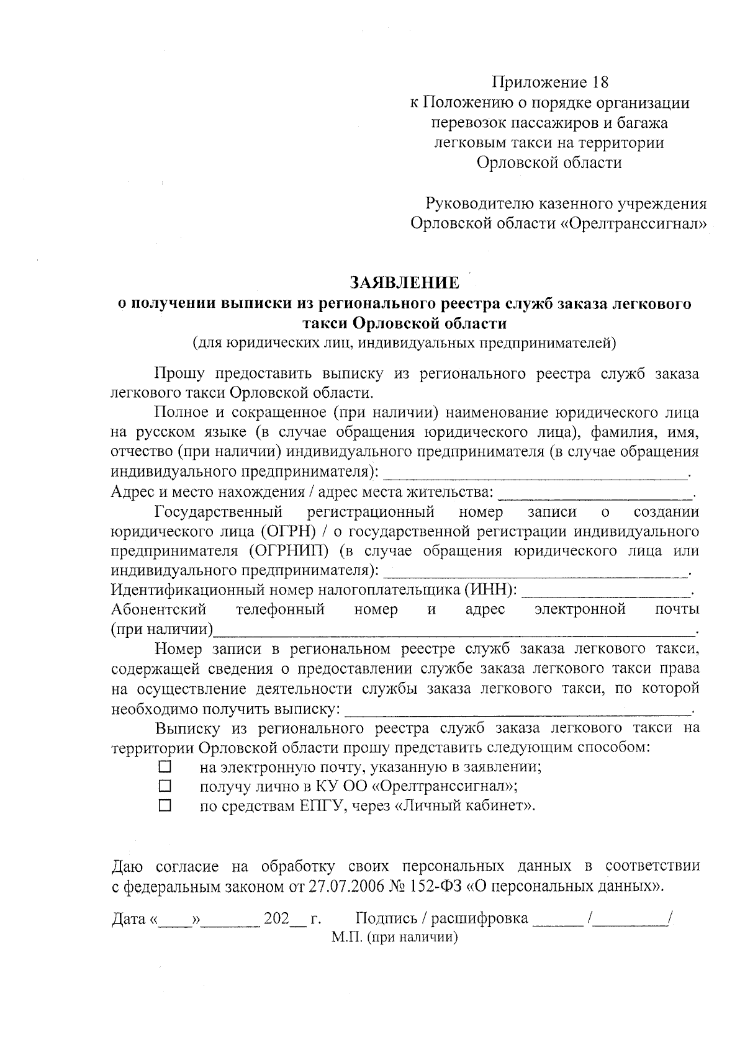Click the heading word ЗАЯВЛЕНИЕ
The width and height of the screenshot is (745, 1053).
405,283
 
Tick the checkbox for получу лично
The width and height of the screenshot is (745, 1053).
165,786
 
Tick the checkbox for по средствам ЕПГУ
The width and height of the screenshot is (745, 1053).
165,806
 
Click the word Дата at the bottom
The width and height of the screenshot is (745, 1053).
129,919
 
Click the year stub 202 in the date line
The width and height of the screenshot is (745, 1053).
277,919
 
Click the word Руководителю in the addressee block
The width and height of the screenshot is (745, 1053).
476,203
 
